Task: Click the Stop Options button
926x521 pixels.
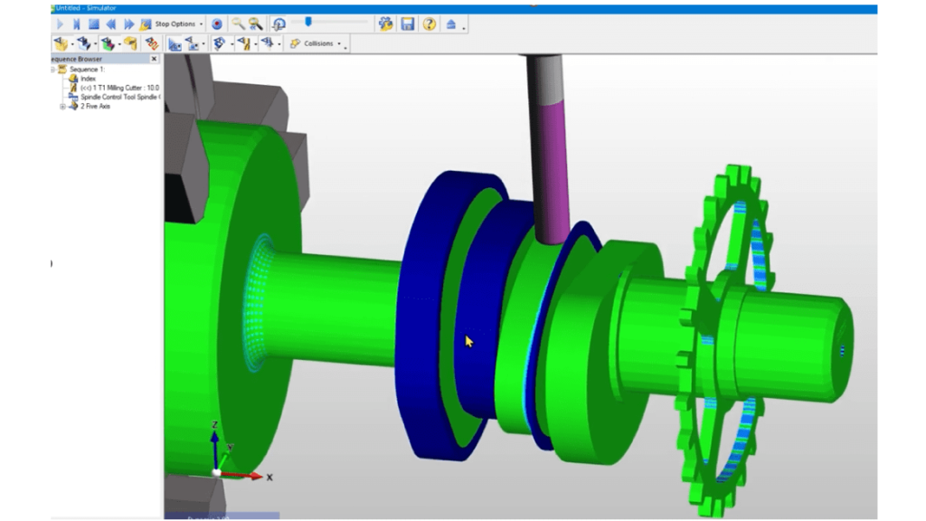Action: coord(174,24)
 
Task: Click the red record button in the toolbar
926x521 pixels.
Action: coord(216,24)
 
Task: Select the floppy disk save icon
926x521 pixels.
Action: coord(408,24)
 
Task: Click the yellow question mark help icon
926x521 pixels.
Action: coord(430,24)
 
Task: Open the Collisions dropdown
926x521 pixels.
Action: coord(315,43)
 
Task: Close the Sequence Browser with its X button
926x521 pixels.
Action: coord(154,59)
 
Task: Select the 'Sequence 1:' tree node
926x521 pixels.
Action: coord(86,70)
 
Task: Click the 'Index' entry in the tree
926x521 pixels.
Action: coord(88,79)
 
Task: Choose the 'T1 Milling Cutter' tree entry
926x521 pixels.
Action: coord(118,88)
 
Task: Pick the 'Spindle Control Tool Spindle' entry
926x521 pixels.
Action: coord(118,97)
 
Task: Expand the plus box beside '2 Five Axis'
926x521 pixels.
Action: coord(62,106)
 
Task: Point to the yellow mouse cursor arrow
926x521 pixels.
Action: coord(468,341)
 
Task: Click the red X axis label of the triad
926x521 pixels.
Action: coord(269,477)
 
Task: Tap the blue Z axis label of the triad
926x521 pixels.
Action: coord(213,424)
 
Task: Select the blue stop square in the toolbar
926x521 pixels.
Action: coord(93,24)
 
